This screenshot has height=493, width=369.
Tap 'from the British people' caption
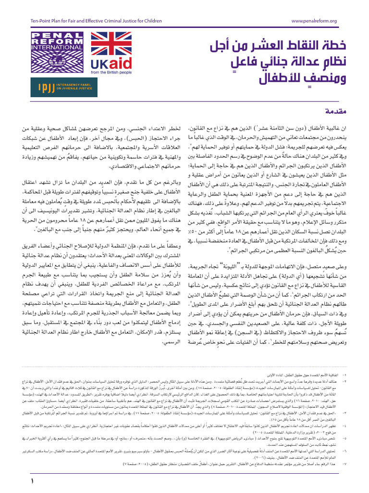click(x=111, y=72)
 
